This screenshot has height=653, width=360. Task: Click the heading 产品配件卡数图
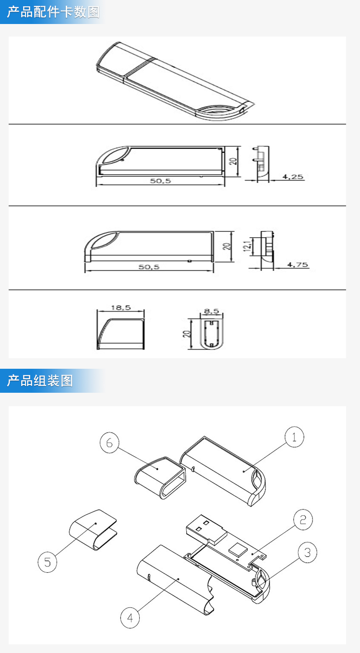coord(53,12)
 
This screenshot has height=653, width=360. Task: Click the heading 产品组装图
coord(40,381)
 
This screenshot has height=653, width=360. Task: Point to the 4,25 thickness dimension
coord(292,177)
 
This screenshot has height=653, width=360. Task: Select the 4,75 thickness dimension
coord(298,265)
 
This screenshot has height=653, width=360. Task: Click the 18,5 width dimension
coord(120,308)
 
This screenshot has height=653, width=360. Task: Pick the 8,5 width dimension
coord(211,311)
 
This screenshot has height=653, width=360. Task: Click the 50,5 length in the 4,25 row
coord(160,181)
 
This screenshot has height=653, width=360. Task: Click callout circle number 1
coord(294,437)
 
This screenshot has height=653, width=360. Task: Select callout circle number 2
coord(303,520)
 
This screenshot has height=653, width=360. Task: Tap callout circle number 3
coord(308,553)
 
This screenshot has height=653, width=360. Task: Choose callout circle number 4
coord(130,617)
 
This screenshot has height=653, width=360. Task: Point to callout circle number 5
coord(48,562)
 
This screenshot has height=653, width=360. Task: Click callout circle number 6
coord(109,443)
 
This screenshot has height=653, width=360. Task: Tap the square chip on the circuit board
coord(237,548)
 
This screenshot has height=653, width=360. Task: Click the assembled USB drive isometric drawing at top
coord(173,82)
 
